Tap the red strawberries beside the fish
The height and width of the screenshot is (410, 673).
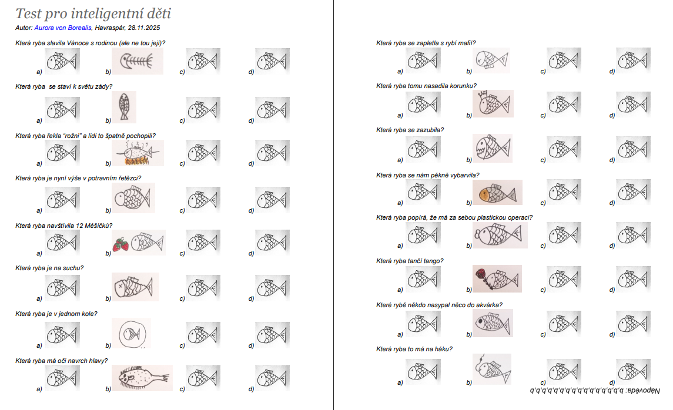tap(120, 244)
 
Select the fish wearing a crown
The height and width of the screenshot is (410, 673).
tap(493, 103)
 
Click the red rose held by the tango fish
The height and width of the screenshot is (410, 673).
tap(481, 274)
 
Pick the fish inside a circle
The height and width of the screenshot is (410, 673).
tap(132, 333)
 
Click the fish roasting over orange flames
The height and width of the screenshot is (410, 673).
tap(138, 154)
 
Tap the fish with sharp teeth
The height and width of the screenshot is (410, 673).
tap(493, 148)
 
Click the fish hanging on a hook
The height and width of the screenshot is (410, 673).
tap(493, 369)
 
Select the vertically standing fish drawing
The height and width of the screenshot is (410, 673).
tap(124, 107)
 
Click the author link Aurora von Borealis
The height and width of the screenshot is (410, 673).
tap(63, 28)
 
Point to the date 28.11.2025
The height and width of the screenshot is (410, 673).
tap(144, 28)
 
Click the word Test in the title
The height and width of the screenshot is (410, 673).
tap(29, 14)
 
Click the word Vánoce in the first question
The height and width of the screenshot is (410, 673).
tap(78, 43)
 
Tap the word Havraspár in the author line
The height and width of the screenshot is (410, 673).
tap(110, 28)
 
